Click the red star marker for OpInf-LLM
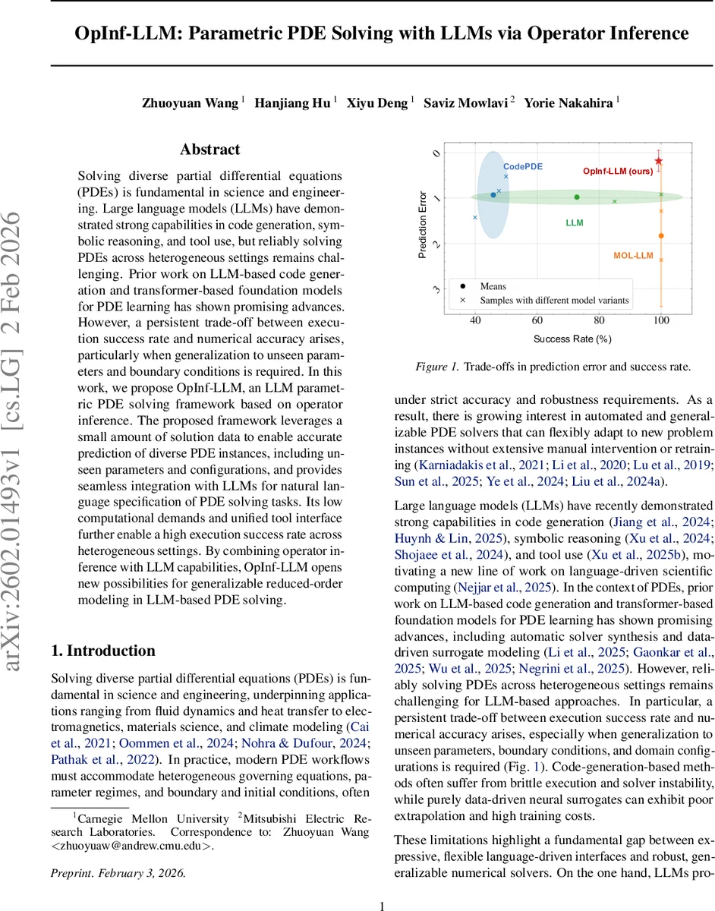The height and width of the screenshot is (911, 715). (x=659, y=161)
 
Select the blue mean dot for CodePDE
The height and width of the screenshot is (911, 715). (x=493, y=195)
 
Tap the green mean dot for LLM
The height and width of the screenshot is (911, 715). (x=577, y=197)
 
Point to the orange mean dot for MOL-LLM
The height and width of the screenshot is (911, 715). (x=661, y=236)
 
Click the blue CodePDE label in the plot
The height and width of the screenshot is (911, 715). (x=523, y=166)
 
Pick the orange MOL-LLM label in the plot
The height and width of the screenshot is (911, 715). (x=633, y=256)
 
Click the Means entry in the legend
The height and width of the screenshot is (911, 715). (x=493, y=286)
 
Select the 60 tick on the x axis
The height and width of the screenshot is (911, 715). (x=537, y=321)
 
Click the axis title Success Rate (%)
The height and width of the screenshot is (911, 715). (x=572, y=339)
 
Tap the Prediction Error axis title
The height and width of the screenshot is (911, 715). (x=423, y=224)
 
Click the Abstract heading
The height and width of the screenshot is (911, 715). (x=209, y=150)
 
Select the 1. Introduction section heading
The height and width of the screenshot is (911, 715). (x=102, y=651)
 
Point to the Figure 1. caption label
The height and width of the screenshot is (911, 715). (x=437, y=367)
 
